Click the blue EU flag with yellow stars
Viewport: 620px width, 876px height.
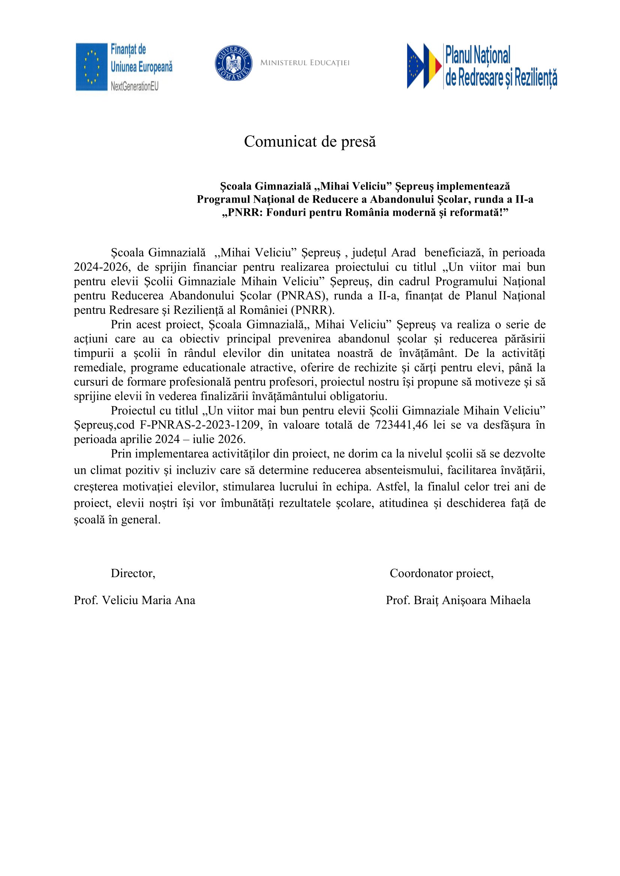91,67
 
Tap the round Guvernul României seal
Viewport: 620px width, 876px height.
233,63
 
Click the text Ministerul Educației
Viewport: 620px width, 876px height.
305,63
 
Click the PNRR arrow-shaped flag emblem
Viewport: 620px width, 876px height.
424,66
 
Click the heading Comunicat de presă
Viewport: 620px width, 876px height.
310,142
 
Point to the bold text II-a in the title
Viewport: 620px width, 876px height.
524,199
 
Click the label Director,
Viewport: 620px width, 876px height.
133,573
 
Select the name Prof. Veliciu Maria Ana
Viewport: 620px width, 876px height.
135,600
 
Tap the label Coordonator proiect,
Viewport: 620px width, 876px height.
441,573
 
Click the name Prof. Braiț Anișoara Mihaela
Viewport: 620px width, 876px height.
458,600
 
